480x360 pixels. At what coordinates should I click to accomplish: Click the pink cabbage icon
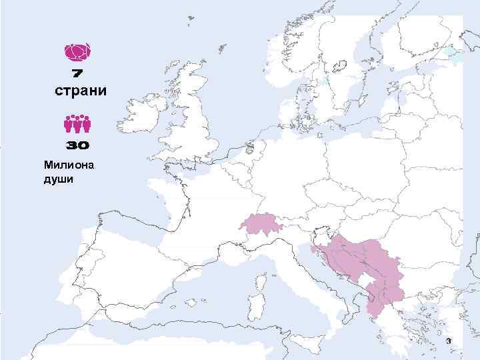click(78, 51)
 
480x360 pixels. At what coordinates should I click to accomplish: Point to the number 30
click(78, 145)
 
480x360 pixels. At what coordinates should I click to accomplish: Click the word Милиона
click(69, 164)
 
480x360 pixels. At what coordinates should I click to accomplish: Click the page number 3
click(449, 341)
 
